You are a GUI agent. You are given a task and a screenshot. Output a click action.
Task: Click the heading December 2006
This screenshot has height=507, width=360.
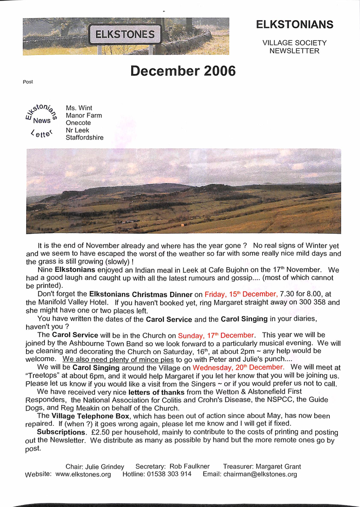pos(183,71)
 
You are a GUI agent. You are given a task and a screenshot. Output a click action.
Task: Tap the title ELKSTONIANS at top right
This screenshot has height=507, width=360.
pos(295,25)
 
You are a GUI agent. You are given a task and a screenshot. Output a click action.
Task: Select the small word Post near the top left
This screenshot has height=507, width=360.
pos(28,82)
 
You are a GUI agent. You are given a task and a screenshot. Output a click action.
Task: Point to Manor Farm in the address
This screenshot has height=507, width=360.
pos(84,115)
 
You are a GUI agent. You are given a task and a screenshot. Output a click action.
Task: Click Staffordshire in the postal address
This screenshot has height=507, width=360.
pos(84,137)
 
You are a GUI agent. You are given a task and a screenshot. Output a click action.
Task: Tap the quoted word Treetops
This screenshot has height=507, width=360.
pos(43,376)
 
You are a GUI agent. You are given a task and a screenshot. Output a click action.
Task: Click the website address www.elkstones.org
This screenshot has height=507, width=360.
pos(83,475)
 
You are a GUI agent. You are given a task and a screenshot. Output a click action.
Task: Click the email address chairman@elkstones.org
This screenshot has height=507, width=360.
pos(261,475)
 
